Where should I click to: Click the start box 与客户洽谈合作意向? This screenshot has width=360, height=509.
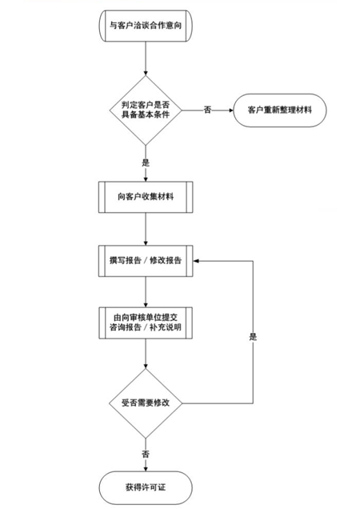point(146,26)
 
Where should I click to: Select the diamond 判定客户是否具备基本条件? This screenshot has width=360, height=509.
point(146,110)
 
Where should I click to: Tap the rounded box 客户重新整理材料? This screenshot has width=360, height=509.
point(280,110)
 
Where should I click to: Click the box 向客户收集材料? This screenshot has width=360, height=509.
point(146,197)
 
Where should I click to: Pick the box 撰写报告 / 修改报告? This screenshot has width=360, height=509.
point(146,261)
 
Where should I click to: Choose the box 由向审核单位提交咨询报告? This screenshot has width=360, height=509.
point(146,323)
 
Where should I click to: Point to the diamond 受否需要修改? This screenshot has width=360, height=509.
point(146,403)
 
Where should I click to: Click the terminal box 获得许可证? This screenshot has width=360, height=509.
point(146,487)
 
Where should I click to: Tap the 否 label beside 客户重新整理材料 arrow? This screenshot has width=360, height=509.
point(207,110)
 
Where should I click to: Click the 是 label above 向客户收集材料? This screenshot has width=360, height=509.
point(146,162)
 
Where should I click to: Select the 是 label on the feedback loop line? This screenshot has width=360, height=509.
point(253,337)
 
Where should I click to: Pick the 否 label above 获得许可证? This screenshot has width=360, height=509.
point(146,454)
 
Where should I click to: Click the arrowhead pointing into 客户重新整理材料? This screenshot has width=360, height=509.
point(231,110)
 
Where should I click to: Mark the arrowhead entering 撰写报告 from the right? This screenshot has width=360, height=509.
point(195,261)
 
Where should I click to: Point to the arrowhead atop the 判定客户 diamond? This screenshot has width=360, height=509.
point(146,74)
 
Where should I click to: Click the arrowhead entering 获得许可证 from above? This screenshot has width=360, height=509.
point(146,469)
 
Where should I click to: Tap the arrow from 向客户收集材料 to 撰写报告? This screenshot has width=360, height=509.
point(146,229)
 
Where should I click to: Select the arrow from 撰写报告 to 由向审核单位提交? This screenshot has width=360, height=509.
point(146,292)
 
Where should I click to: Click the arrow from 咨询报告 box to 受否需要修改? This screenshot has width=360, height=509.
point(146,354)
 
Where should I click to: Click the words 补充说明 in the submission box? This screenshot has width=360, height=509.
point(166,327)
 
